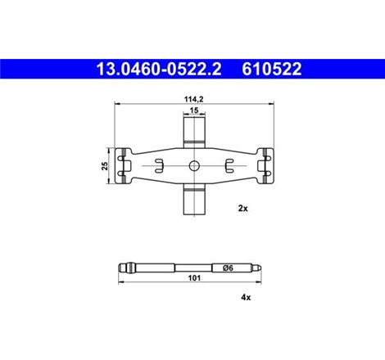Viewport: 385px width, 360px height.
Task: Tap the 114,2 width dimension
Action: pos(192,98)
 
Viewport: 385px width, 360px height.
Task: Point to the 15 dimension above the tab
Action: pos(193,110)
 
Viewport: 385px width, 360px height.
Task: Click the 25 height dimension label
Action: pos(103,166)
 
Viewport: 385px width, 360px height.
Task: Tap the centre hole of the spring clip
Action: pos(193,166)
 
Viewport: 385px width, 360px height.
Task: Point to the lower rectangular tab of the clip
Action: pos(193,200)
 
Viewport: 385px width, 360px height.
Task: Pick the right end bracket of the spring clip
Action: pos(261,166)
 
